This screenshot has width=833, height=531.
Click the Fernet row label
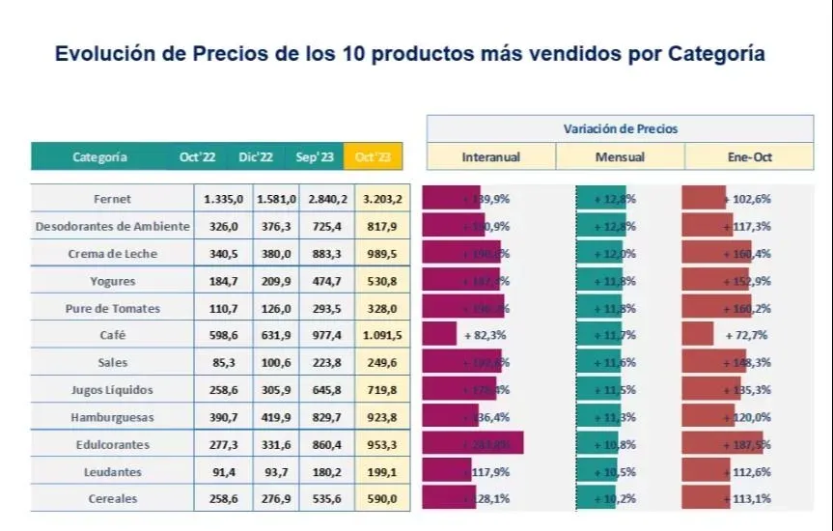(113, 199)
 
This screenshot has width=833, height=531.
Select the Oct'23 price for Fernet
(383, 199)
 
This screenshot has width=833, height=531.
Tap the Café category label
(113, 335)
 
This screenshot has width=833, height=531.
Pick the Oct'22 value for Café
(223, 335)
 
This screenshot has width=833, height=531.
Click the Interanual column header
(491, 156)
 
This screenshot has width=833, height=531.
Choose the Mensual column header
(621, 156)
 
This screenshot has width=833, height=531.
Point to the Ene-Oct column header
(749, 156)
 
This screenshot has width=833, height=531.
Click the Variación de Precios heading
(620, 128)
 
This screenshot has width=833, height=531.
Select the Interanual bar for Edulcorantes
(473, 444)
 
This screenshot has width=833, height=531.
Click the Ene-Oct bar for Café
(698, 335)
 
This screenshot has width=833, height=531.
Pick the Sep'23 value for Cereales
(328, 499)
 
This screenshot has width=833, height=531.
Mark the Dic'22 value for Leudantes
(275, 472)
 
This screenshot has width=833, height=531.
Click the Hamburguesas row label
(113, 417)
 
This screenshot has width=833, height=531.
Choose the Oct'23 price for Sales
(383, 363)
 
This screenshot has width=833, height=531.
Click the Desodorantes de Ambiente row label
(113, 227)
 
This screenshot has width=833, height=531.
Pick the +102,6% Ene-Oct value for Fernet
(748, 199)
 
